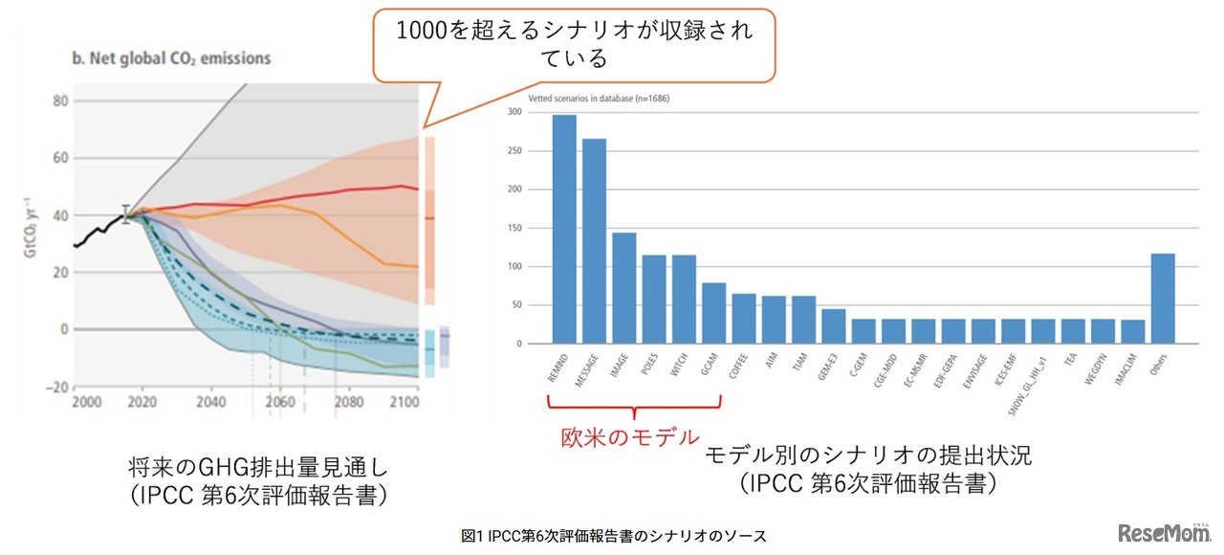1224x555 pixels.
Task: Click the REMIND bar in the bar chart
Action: click(x=564, y=230)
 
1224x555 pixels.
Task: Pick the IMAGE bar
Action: click(x=624, y=288)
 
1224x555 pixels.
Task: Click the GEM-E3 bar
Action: click(x=834, y=326)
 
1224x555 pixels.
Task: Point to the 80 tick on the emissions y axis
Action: click(x=58, y=100)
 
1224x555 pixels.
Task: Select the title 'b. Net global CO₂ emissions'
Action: click(x=171, y=58)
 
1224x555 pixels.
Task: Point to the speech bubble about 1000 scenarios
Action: click(x=574, y=44)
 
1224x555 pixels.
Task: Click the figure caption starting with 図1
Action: click(x=613, y=537)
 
